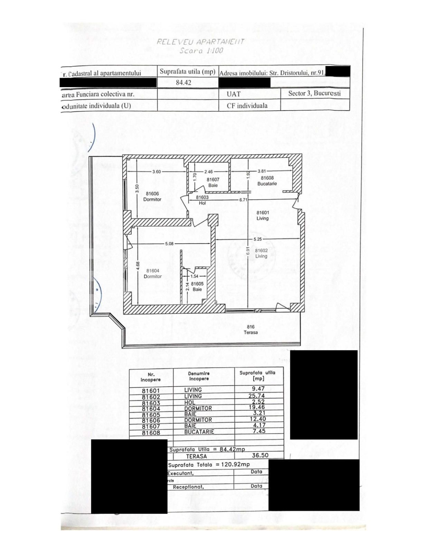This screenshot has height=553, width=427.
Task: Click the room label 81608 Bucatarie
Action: coord(267,181)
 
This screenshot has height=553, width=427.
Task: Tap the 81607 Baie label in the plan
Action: coord(213,182)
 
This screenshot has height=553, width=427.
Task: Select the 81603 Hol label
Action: coord(202,200)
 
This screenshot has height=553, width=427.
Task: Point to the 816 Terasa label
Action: coord(250,329)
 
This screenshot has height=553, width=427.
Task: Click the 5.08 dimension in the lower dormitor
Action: coord(169,244)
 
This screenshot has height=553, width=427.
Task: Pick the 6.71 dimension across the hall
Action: coord(244,200)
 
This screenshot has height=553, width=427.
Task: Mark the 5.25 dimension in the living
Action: coord(258,239)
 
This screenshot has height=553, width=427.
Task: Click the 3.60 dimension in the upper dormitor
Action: coord(156,171)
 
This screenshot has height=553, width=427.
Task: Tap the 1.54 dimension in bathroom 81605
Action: coord(194,276)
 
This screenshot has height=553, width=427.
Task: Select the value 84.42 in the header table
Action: coord(183,83)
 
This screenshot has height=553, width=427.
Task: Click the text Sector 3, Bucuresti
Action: coord(314,93)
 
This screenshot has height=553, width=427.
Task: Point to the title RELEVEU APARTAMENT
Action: coord(200,42)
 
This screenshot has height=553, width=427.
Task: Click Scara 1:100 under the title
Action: coord(201,50)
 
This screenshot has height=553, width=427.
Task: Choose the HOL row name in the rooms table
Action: coord(190,402)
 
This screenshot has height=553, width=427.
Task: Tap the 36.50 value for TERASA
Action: coord(260,456)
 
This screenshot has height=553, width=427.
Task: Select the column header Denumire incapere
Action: coord(199,376)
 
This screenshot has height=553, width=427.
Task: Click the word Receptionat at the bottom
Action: coord(188,487)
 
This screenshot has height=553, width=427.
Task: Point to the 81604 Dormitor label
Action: coord(153,273)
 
